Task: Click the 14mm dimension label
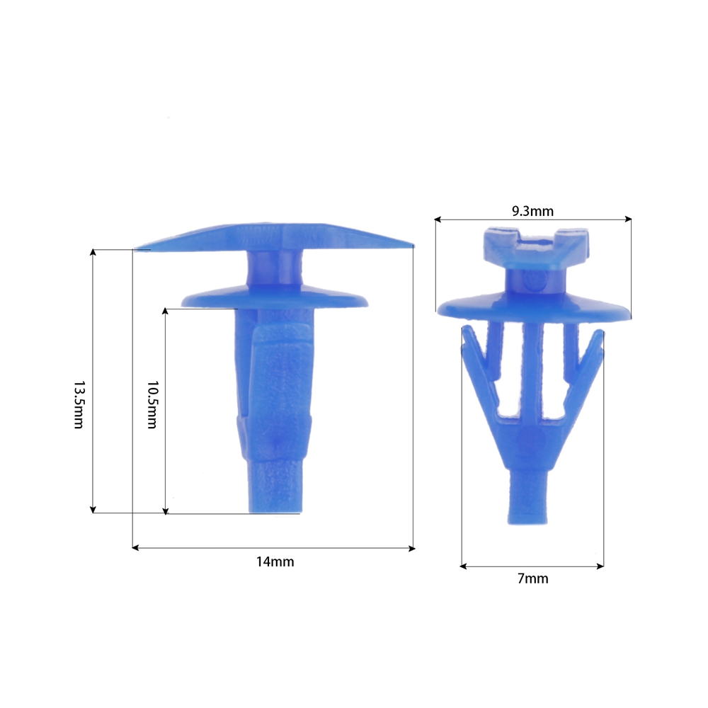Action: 275,561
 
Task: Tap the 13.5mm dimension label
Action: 79,404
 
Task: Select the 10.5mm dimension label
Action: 152,404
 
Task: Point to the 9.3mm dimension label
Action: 532,211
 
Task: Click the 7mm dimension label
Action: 533,578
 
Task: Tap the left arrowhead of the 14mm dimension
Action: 135,548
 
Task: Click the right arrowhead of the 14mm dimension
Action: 412,548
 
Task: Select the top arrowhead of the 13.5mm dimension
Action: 93,252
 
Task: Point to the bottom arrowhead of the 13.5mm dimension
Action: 93,510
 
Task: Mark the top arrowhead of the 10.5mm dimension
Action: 165,312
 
